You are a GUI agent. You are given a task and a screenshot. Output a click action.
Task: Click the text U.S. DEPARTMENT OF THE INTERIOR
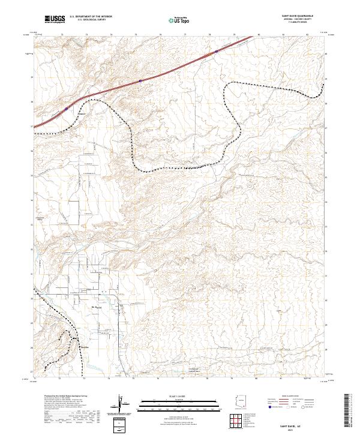[x=91, y=17]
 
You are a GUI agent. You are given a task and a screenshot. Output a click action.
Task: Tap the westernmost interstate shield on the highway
[x=66, y=109]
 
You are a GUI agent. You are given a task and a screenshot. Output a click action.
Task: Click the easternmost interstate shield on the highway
[x=217, y=52]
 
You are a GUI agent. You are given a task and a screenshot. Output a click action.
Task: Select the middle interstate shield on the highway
[x=140, y=80]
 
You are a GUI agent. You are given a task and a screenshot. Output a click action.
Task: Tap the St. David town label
[x=95, y=307]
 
